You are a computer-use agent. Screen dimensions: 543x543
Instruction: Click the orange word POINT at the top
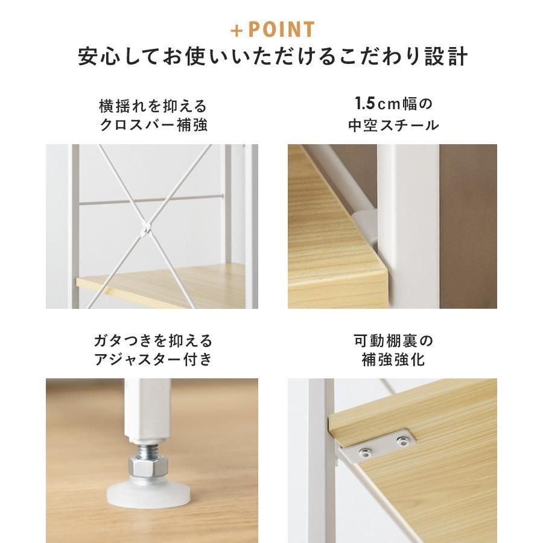[281, 30]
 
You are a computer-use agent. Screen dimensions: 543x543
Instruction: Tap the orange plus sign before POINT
[237, 31]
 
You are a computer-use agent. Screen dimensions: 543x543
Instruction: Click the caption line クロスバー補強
[153, 125]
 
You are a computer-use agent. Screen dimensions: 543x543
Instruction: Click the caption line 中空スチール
[393, 125]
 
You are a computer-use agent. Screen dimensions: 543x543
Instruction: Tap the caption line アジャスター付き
[153, 359]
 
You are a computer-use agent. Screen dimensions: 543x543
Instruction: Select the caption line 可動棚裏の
[393, 341]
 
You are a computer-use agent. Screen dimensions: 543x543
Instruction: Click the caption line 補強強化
[393, 360]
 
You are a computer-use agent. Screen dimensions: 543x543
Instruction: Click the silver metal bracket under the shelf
[378, 448]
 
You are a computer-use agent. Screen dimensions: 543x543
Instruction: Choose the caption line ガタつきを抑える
[153, 341]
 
